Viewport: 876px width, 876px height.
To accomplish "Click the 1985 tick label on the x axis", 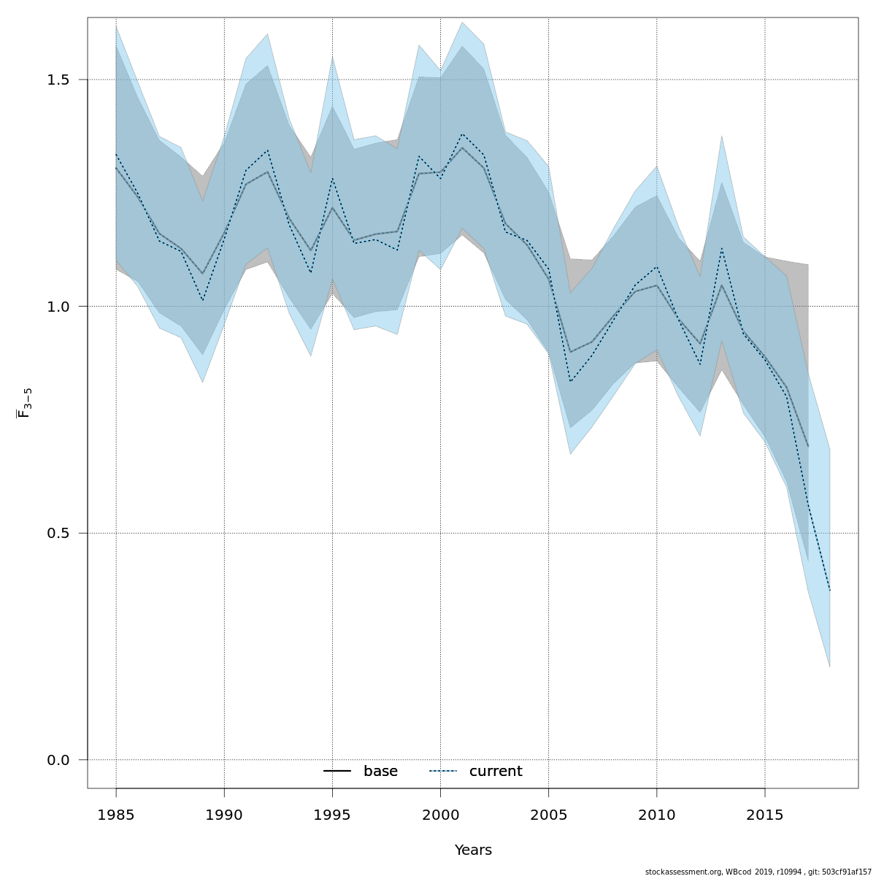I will [116, 814].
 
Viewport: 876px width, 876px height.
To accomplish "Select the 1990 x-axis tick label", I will [224, 814].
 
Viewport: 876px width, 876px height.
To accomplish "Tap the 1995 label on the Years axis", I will [332, 814].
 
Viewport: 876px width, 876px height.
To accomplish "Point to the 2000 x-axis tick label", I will [440, 814].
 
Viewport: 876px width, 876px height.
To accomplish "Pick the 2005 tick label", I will [548, 814].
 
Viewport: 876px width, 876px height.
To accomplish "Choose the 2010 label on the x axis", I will [656, 814].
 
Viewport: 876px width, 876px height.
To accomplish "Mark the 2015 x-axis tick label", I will [764, 814].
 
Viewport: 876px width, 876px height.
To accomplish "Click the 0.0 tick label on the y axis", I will [58, 760].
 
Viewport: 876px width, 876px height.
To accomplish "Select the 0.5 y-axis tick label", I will [58, 534].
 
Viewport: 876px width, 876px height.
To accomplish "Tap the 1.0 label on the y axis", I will [58, 307].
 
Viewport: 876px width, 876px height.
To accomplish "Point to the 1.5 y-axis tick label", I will [58, 80].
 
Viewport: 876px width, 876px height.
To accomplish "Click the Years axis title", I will [473, 850].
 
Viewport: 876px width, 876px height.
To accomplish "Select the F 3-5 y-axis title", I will [24, 403].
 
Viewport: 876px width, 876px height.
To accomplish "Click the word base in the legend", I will [380, 772].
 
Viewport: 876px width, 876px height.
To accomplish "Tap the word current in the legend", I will [496, 772].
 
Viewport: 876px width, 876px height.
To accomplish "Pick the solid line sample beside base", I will [337, 772].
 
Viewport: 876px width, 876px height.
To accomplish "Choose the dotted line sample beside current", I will [442, 772].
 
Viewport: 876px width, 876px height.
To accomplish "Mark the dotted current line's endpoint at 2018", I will [830, 591].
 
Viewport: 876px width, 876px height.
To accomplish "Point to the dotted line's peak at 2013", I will [721, 248].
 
